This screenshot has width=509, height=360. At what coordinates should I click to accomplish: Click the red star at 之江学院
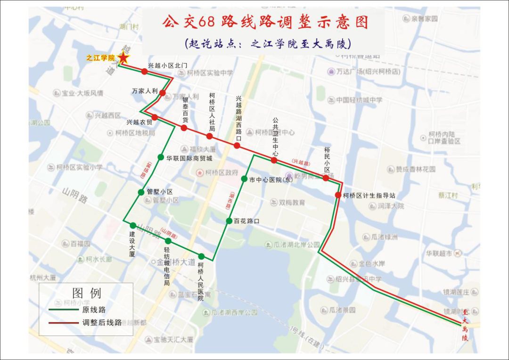click(123, 58)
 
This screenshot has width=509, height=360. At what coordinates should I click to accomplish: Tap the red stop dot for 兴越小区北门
click(144, 72)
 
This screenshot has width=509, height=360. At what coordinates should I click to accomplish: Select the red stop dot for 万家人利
click(163, 93)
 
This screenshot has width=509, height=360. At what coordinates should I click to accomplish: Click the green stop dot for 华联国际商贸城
click(161, 157)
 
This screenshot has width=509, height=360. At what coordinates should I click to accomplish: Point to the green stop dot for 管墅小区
click(141, 192)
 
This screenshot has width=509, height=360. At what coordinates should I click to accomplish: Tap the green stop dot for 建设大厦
click(133, 225)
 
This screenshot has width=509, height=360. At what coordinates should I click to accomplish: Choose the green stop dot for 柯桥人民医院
click(201, 256)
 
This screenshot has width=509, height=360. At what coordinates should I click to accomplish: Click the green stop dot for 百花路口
click(229, 221)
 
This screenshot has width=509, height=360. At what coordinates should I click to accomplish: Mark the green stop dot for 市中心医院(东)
click(244, 179)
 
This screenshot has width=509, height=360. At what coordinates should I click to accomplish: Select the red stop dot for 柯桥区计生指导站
click(338, 195)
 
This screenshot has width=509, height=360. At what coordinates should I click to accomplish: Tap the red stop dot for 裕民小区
click(326, 178)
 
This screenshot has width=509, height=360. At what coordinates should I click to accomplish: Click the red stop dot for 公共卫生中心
click(274, 160)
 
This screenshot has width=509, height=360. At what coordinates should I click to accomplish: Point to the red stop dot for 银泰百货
click(184, 128)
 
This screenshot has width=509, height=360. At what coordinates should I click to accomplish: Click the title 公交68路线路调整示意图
click(265, 22)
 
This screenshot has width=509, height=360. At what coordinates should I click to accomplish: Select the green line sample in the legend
click(63, 310)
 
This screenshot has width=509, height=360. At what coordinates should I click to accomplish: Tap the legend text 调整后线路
click(102, 323)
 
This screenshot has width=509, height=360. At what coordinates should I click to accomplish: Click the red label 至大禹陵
click(465, 325)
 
